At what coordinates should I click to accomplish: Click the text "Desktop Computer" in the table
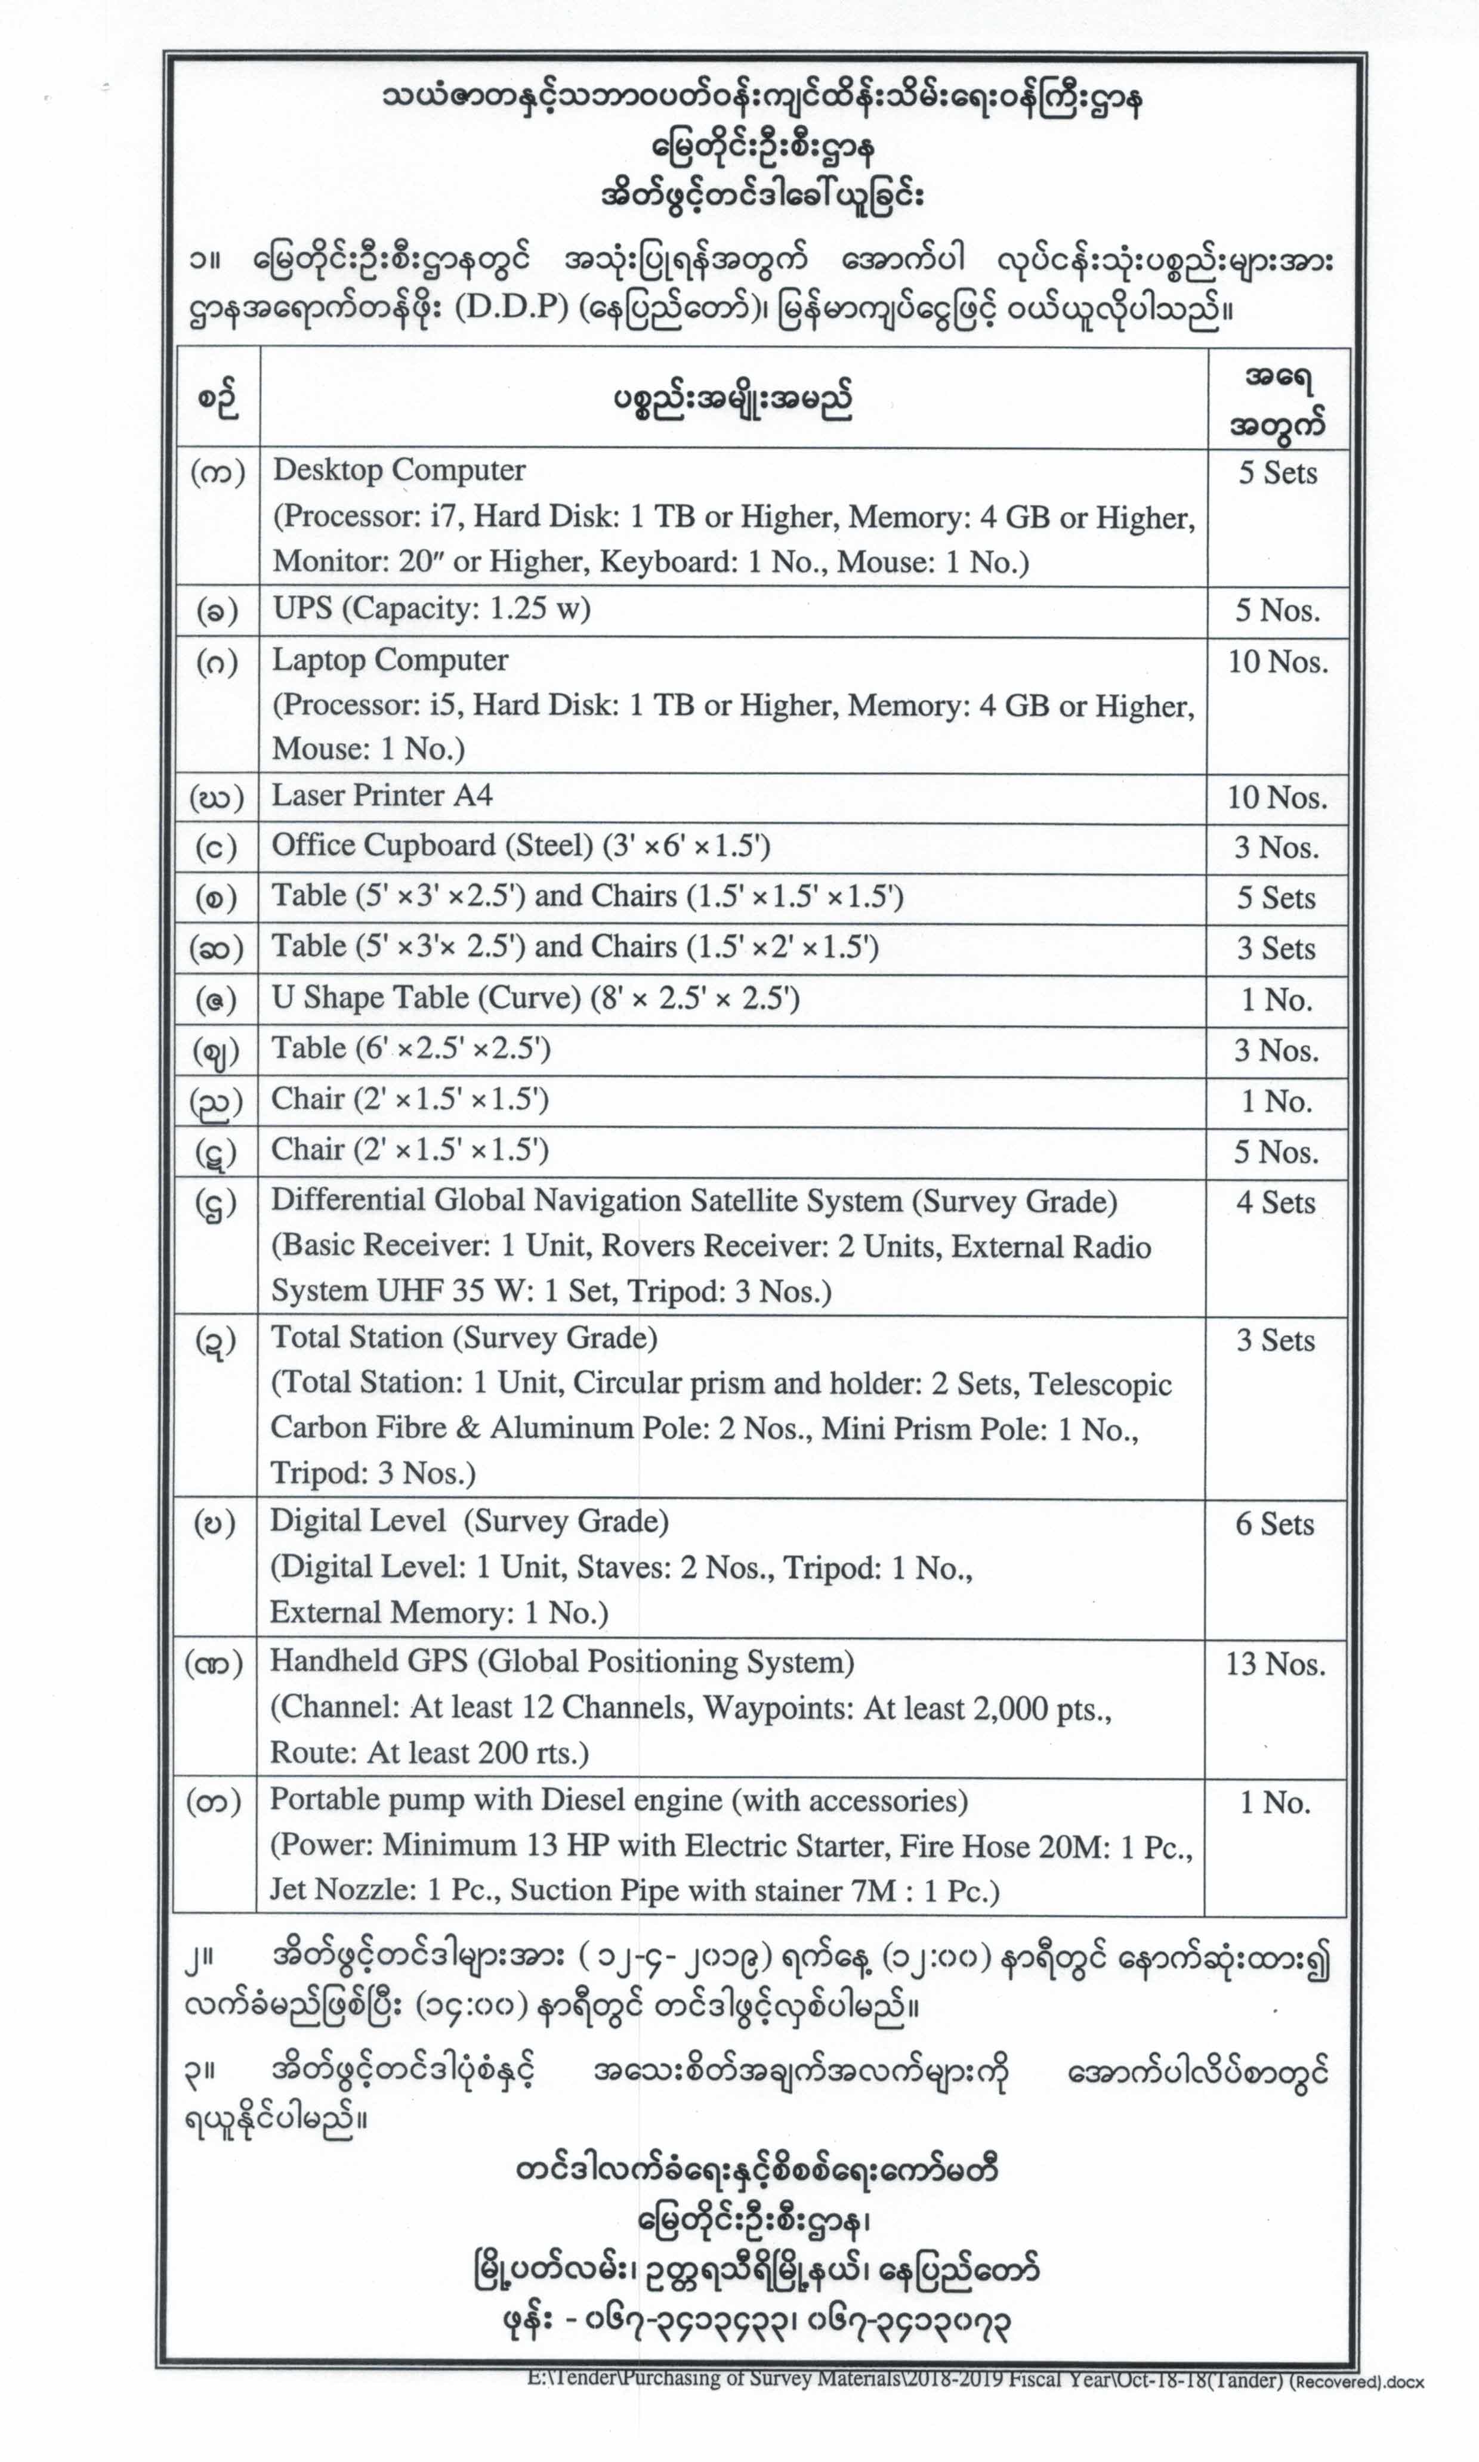tap(399, 471)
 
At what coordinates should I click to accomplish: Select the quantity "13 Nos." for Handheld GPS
tap(1275, 1664)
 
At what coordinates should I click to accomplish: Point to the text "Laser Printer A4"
tap(382, 795)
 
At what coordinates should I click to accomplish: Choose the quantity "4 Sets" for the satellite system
tap(1276, 1202)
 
